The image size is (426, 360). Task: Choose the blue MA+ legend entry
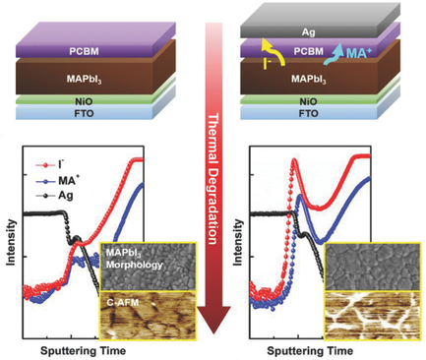point(62,168)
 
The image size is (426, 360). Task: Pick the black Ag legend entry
point(59,182)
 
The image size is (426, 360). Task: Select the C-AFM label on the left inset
point(123,300)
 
